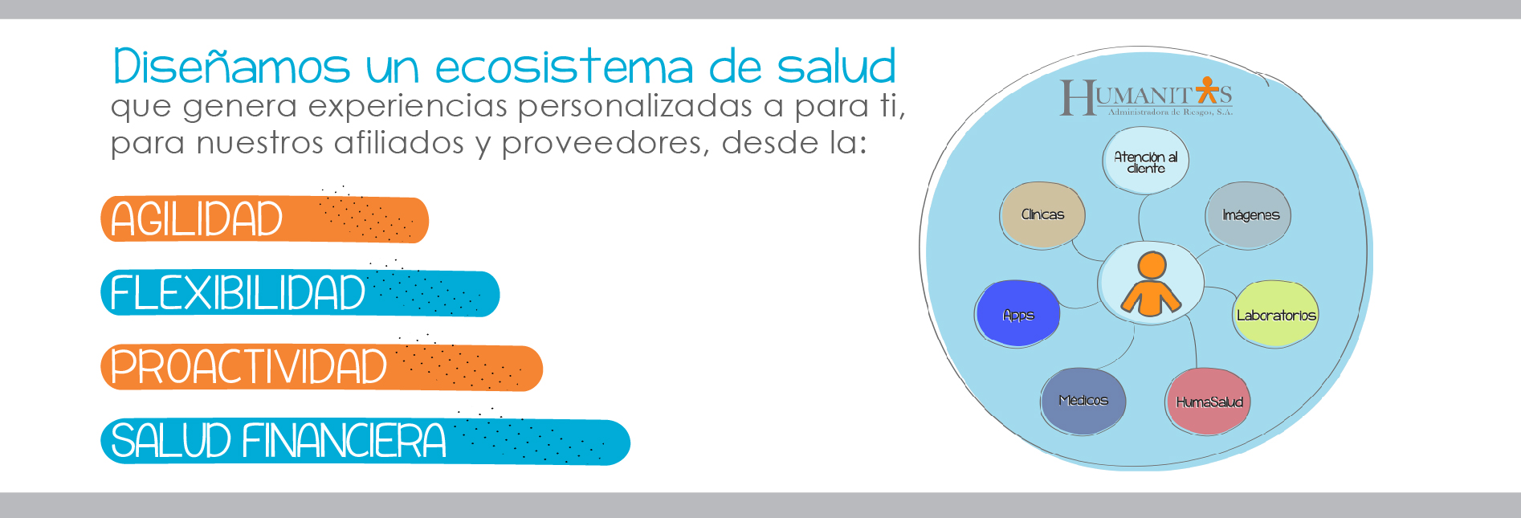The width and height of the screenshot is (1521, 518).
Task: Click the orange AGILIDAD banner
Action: (x=264, y=219)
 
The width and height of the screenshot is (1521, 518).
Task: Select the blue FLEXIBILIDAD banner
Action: (x=300, y=293)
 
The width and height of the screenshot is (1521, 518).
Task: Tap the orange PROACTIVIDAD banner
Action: (x=321, y=368)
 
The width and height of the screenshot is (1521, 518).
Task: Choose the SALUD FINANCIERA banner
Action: (x=365, y=442)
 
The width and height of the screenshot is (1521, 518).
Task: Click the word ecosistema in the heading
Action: (x=565, y=67)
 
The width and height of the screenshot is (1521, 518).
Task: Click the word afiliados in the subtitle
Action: (x=399, y=143)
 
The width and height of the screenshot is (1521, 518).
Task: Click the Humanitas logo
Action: (x=1146, y=97)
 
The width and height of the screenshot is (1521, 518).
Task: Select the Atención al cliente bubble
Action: (x=1145, y=161)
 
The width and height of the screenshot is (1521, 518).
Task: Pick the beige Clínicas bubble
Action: (x=1042, y=214)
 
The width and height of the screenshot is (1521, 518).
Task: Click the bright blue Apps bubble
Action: (x=1018, y=313)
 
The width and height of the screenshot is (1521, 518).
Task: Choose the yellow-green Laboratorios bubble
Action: (x=1275, y=314)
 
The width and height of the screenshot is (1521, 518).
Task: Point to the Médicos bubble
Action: (x=1083, y=401)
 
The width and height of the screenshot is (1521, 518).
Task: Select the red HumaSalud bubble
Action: (x=1208, y=402)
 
